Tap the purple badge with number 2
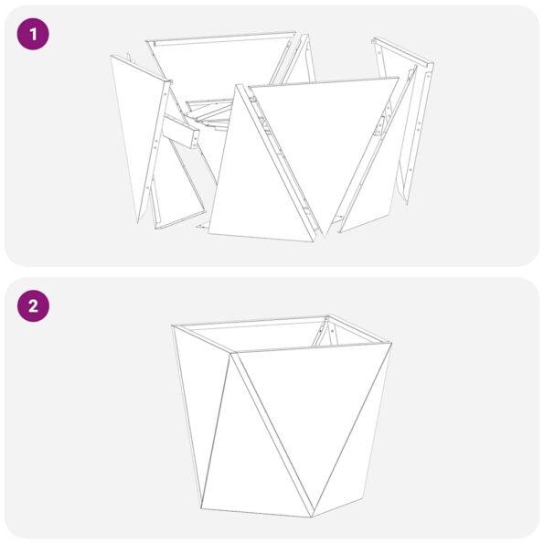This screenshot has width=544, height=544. (33, 306)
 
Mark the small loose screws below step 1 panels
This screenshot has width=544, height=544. (206, 226)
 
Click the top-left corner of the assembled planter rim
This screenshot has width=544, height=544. (174, 326)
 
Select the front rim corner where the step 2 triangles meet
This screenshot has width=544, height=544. (231, 354)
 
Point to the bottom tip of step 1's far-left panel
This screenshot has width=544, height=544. (140, 220)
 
